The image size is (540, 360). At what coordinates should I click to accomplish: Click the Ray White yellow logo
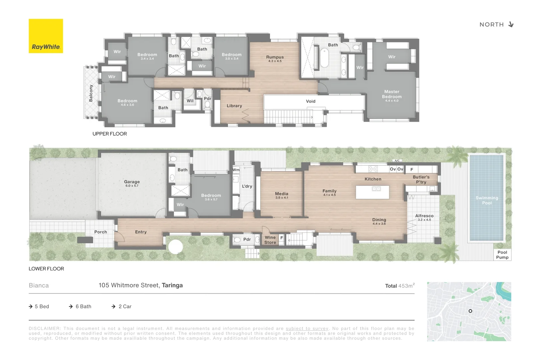(46, 36)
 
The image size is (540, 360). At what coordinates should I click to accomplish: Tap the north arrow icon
(511, 25)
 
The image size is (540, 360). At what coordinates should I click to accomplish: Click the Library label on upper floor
(234, 106)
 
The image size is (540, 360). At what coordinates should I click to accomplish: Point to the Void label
(310, 101)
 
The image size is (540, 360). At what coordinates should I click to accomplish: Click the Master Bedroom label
(392, 94)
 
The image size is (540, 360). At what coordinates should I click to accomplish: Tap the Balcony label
(91, 93)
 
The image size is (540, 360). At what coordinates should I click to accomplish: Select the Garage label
(132, 182)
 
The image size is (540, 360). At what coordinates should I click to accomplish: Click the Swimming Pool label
(487, 200)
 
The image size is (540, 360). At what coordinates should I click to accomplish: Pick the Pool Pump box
(502, 255)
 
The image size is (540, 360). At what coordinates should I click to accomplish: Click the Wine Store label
(270, 240)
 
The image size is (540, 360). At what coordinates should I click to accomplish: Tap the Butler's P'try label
(421, 179)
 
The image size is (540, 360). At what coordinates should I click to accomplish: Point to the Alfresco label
(424, 216)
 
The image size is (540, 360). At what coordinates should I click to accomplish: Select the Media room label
(281, 194)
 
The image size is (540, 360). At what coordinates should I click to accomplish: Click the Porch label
(100, 232)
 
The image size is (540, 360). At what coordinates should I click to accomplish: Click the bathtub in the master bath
(324, 58)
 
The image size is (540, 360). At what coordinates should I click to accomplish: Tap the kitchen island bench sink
(376, 189)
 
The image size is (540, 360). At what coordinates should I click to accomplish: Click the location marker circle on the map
(470, 311)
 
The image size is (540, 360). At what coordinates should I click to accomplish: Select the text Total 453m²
(400, 286)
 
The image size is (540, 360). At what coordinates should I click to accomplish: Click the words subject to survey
(307, 329)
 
